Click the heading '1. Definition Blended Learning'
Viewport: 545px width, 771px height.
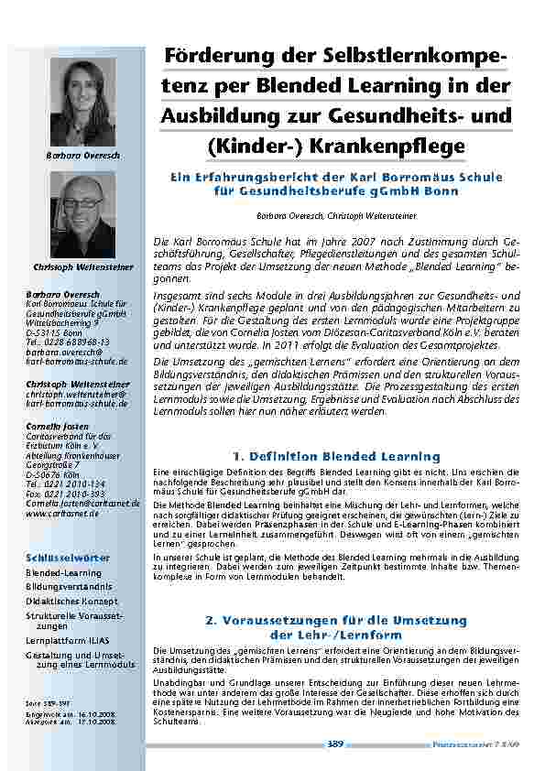(x=336, y=455)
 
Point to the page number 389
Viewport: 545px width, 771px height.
(x=335, y=744)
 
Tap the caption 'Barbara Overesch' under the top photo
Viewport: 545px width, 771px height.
(x=82, y=156)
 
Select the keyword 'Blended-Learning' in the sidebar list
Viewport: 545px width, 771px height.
(x=63, y=572)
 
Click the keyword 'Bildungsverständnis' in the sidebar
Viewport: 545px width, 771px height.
(x=69, y=586)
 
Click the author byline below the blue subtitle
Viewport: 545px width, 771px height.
(x=336, y=215)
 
